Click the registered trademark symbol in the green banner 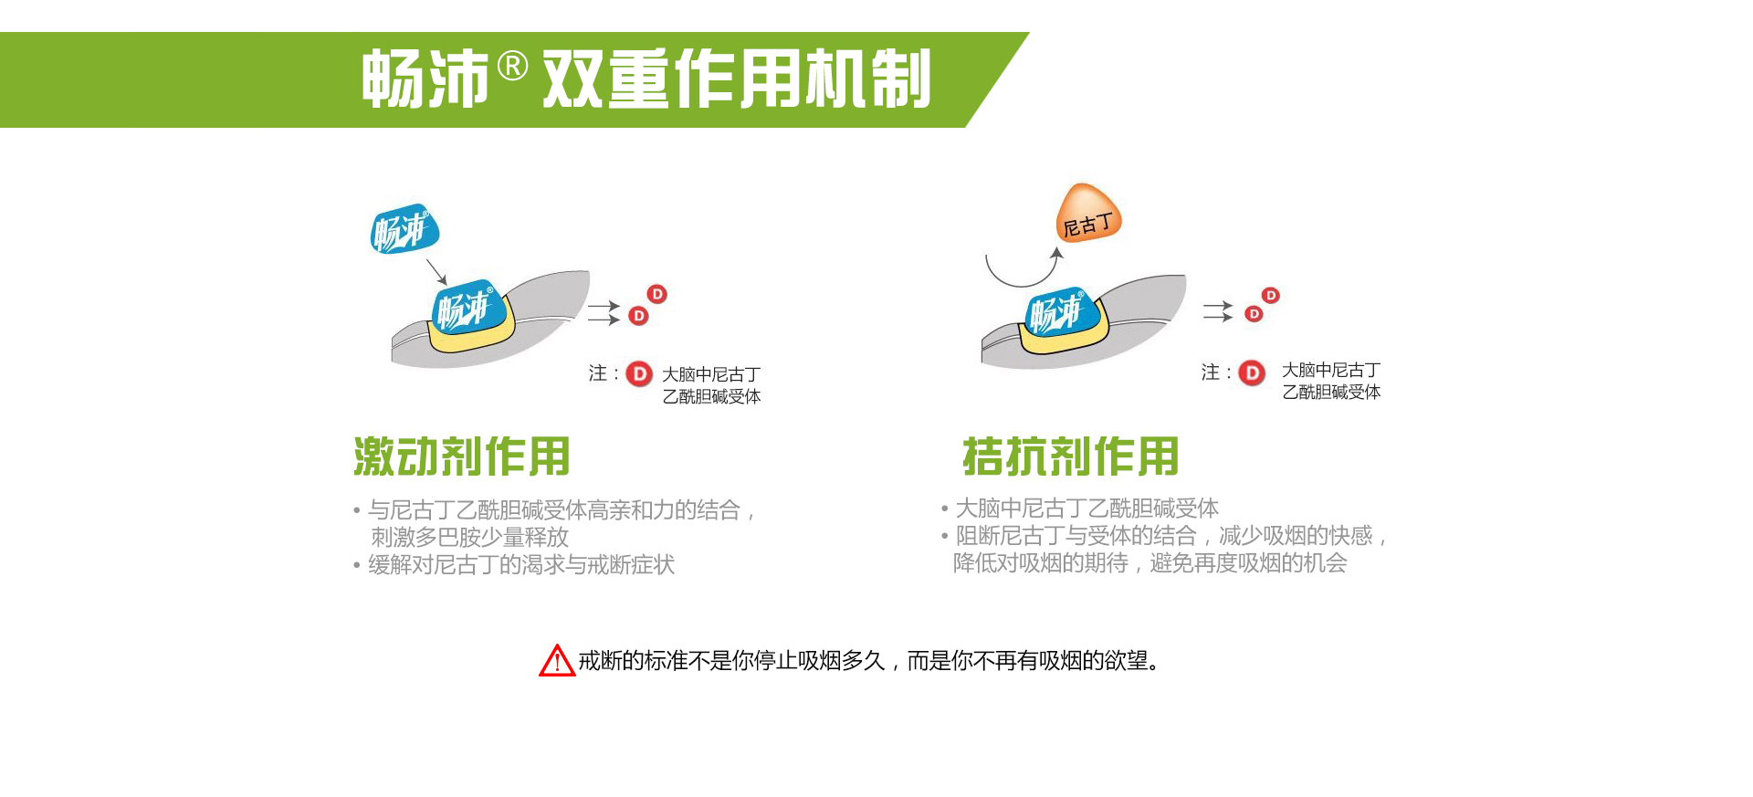tap(513, 67)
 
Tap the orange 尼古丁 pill tap(1087, 214)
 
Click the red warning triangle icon tap(557, 660)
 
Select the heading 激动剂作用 tap(462, 456)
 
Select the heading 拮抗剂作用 tap(1071, 456)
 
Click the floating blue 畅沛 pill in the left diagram tap(404, 228)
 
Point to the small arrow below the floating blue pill tap(436, 272)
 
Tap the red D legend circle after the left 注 tap(639, 373)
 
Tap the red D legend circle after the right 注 tap(1252, 372)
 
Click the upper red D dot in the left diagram tap(657, 294)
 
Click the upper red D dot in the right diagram tap(1271, 295)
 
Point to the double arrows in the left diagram tap(604, 312)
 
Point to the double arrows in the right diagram tap(1218, 311)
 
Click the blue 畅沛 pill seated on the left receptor tap(467, 308)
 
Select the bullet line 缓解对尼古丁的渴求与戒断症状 tap(521, 565)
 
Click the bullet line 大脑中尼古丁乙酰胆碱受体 tap(1086, 509)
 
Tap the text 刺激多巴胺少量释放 tap(469, 537)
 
